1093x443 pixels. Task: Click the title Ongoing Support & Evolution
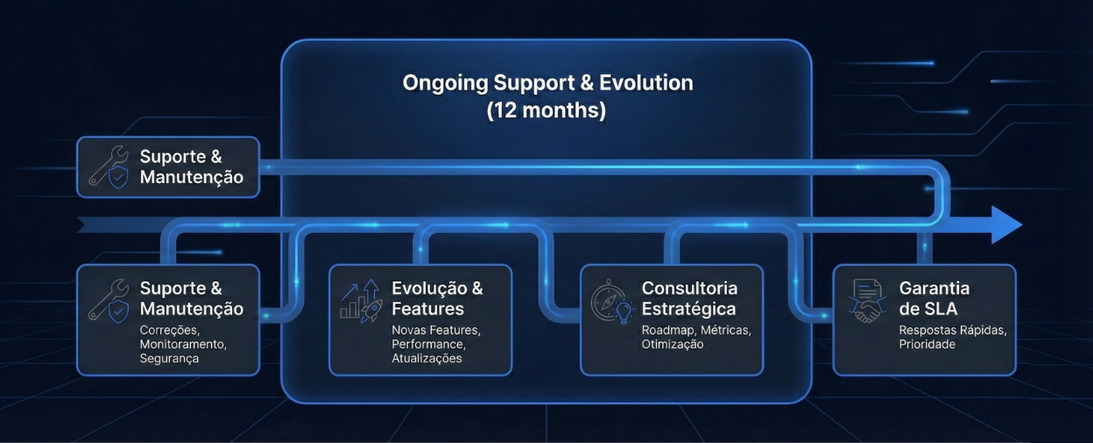[x=547, y=83]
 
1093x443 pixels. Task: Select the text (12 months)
[x=546, y=110]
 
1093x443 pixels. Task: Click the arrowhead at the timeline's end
[x=1006, y=225]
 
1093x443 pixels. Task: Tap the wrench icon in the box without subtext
[x=109, y=167]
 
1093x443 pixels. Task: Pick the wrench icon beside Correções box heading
[x=109, y=300]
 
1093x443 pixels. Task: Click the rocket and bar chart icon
[x=361, y=300]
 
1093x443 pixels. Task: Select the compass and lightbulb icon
[x=612, y=301]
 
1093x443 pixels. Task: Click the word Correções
[x=169, y=331]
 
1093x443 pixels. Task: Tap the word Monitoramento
[x=183, y=344]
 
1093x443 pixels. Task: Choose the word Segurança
[x=169, y=359]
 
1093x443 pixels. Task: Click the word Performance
[x=428, y=344]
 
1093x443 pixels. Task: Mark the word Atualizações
[x=427, y=359]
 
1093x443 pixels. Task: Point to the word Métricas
[x=725, y=330]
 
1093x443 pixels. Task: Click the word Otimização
[x=673, y=344]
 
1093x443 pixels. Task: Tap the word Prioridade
[x=927, y=344]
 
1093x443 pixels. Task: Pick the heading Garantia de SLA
[x=934, y=299]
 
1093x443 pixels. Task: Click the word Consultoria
[x=689, y=288]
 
